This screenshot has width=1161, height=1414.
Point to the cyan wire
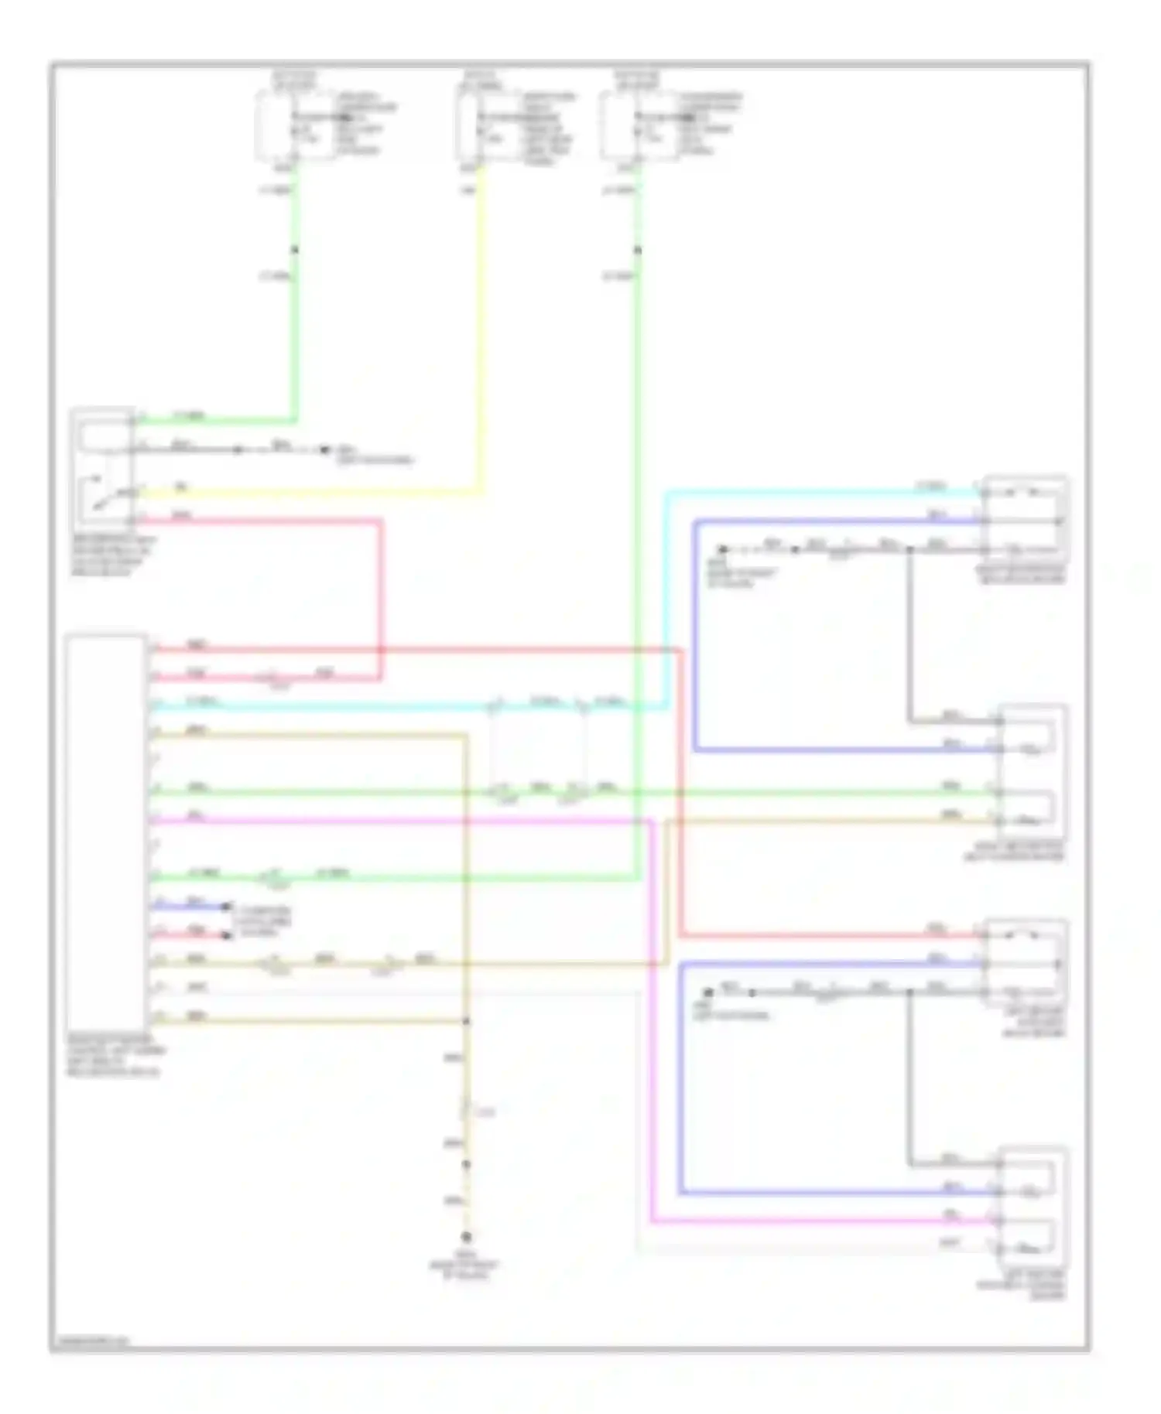(666, 596)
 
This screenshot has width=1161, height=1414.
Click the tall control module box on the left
(106, 832)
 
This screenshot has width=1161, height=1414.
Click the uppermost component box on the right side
(1025, 519)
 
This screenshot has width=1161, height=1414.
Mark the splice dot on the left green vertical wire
(294, 250)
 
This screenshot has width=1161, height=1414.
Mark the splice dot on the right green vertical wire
(638, 250)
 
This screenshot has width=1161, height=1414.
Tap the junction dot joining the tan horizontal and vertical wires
(467, 1021)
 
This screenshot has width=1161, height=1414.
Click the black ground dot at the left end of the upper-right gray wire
(722, 549)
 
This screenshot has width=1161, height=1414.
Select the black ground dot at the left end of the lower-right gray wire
(707, 992)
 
